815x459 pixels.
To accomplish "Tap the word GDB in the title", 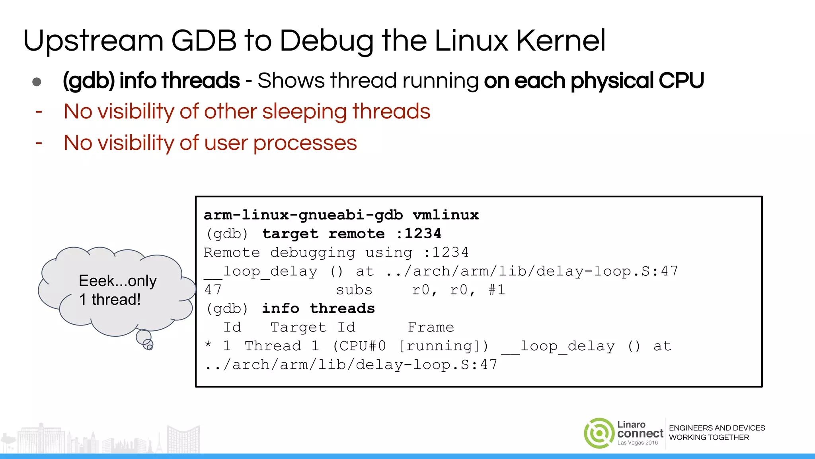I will point(204,41).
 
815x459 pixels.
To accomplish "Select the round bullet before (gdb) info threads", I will point(37,82).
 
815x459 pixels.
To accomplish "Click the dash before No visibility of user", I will point(39,143).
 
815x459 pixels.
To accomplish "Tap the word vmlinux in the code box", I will point(446,215).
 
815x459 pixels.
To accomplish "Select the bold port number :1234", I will point(419,233).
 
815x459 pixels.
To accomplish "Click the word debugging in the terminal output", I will point(312,253).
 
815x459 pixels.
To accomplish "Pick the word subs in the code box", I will point(354,290).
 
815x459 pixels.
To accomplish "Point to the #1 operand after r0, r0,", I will point(497,290).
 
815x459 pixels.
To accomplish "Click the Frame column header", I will point(431,328).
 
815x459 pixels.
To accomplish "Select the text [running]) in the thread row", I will point(443,346).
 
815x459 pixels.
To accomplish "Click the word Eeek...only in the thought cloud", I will point(117,281).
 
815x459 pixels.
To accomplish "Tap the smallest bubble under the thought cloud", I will point(150,347).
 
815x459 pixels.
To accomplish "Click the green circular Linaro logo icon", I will point(599,433).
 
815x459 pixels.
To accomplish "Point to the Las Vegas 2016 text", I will point(638,443).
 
